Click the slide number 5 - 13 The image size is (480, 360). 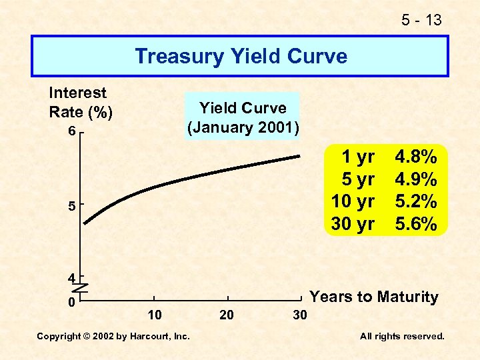click(x=421, y=20)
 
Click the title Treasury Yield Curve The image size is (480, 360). click(x=241, y=56)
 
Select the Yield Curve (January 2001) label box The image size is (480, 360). click(x=243, y=117)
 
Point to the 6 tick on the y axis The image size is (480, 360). click(x=71, y=132)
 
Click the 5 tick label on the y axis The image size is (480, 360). click(x=71, y=207)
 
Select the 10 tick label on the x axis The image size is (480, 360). click(x=154, y=314)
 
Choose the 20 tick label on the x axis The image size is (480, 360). click(x=227, y=314)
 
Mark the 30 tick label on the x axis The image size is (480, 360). click(x=300, y=314)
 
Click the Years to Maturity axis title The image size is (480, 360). click(x=375, y=297)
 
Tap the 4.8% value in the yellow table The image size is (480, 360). click(x=416, y=157)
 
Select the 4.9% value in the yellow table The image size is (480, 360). click(x=416, y=179)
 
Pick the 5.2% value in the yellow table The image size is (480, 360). click(x=416, y=201)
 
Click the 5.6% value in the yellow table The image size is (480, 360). click(x=416, y=224)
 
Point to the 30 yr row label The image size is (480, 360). click(x=353, y=224)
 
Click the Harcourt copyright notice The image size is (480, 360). click(x=113, y=337)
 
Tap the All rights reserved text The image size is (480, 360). click(x=402, y=337)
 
